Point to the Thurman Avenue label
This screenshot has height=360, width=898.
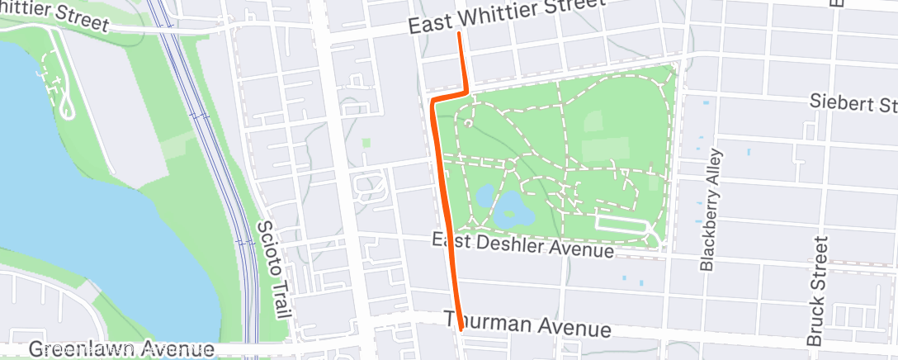[527, 324]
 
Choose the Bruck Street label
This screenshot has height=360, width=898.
[816, 291]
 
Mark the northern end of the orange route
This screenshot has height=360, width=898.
[458, 34]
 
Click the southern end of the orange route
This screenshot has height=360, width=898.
[459, 331]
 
